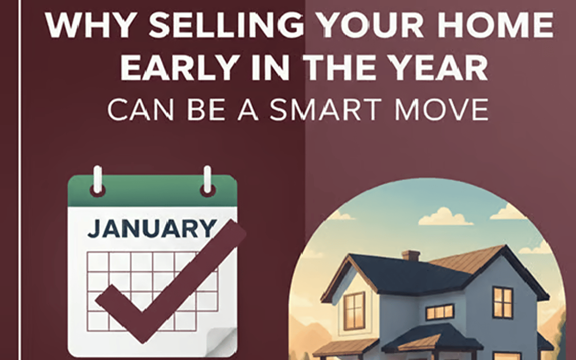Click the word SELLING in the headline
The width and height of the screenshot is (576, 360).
226,24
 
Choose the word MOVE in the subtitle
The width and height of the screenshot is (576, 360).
441,110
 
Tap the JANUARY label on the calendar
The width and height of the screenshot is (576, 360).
151,229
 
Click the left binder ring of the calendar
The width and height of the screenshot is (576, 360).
98,182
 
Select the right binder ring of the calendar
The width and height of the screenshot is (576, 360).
207,182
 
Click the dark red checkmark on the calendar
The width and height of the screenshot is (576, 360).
171,282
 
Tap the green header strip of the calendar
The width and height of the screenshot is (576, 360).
152,190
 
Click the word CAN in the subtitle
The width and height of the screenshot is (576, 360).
140,110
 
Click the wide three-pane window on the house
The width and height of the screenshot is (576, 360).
440,312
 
